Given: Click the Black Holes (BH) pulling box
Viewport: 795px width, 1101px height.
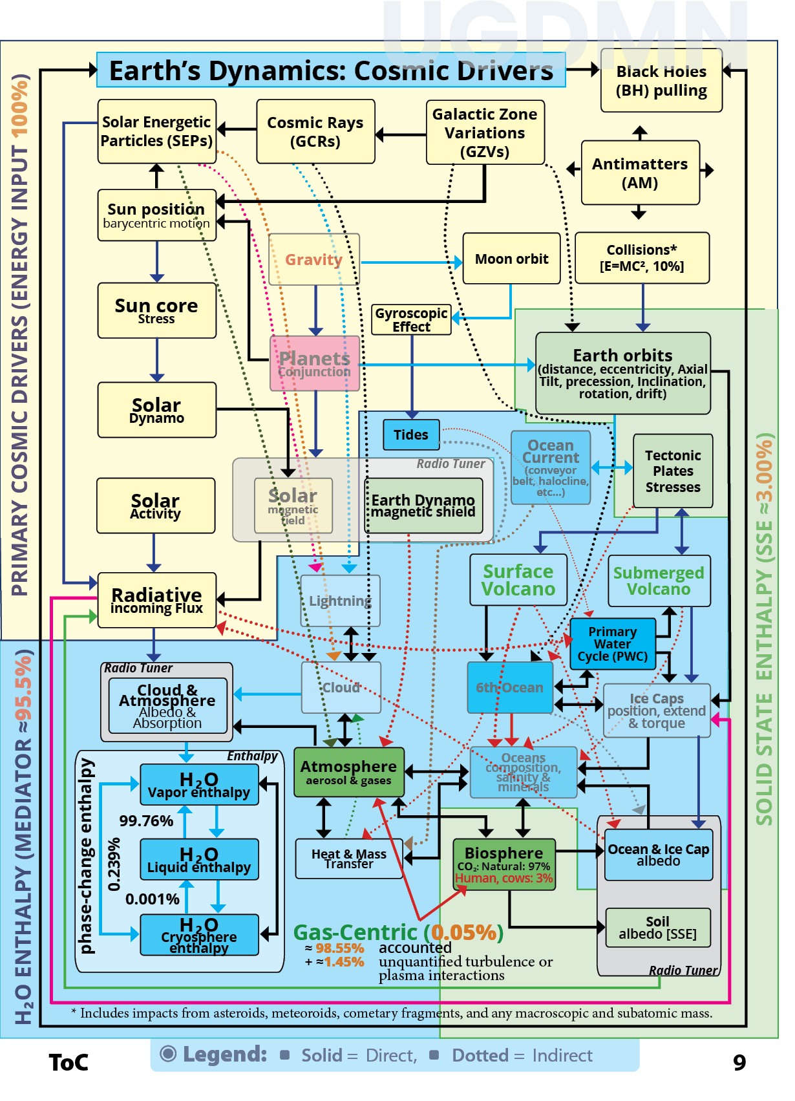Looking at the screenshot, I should [x=661, y=81].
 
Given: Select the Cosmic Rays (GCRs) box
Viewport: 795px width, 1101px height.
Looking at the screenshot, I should [x=315, y=132].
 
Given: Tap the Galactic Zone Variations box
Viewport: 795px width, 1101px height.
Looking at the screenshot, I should [x=485, y=133].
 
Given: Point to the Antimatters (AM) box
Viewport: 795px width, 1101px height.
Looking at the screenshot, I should [x=640, y=173].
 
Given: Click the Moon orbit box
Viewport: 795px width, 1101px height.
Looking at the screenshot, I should [x=511, y=259].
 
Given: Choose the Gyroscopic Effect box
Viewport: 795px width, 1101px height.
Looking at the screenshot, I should [x=411, y=320].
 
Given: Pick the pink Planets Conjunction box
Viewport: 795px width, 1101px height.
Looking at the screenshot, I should [x=315, y=363].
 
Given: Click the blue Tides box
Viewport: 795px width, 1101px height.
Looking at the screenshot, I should [x=411, y=434].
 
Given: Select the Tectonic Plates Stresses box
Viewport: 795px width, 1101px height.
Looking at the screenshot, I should [x=673, y=471].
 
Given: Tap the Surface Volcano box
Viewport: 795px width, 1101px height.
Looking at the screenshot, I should [x=518, y=580].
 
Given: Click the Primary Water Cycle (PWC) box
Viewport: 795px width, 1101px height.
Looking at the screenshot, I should [x=612, y=644].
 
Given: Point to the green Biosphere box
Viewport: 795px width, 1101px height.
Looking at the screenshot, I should [x=504, y=864].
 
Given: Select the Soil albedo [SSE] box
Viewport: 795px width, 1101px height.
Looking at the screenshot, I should [x=657, y=928].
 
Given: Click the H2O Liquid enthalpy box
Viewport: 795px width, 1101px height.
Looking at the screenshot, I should [x=199, y=860].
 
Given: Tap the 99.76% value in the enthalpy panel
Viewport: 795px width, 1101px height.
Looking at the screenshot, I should [x=146, y=821].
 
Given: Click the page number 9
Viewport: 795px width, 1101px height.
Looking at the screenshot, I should [x=739, y=1062].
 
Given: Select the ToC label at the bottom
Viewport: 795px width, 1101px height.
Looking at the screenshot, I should [x=69, y=1062].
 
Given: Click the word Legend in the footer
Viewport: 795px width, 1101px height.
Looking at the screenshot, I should [x=224, y=1054].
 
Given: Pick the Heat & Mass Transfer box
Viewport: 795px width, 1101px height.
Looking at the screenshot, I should [x=349, y=859].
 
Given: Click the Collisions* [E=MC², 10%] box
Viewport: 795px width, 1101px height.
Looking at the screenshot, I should [x=642, y=258].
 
